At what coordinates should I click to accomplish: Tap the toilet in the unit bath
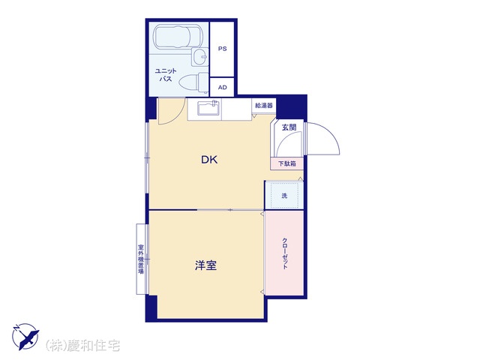click(193, 82)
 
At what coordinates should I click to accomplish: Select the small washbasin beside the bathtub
click(200, 57)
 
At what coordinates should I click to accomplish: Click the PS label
click(223, 49)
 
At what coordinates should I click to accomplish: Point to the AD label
click(223, 87)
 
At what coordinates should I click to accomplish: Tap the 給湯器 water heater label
click(263, 106)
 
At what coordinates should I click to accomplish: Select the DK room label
click(209, 160)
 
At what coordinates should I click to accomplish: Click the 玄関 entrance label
click(289, 127)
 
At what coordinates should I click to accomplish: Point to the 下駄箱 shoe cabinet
click(286, 163)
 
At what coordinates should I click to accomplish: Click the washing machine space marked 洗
click(284, 195)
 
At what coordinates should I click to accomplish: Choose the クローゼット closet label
click(285, 253)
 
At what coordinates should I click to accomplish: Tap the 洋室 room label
click(205, 265)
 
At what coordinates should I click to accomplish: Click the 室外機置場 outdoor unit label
click(141, 259)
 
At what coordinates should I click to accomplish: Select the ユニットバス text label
click(166, 75)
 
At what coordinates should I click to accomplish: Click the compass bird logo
click(25, 336)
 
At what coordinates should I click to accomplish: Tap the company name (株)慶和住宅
click(82, 346)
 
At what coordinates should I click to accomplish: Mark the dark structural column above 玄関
click(292, 106)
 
